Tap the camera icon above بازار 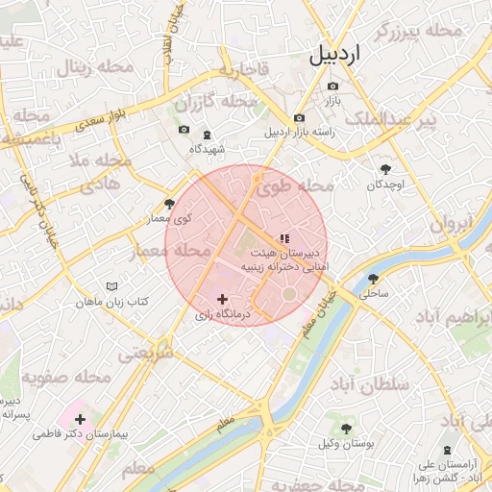coord(332,86)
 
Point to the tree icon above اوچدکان coord(386,168)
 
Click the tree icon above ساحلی coord(373,280)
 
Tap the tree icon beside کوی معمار coord(170,204)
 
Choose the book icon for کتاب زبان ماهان coord(112,287)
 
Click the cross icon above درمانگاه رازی coord(223,300)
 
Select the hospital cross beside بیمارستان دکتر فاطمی coord(80,419)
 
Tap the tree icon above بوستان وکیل coord(346,429)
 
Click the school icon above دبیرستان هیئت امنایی coord(283,237)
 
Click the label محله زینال coord(95,68)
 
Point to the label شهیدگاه coord(208,149)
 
